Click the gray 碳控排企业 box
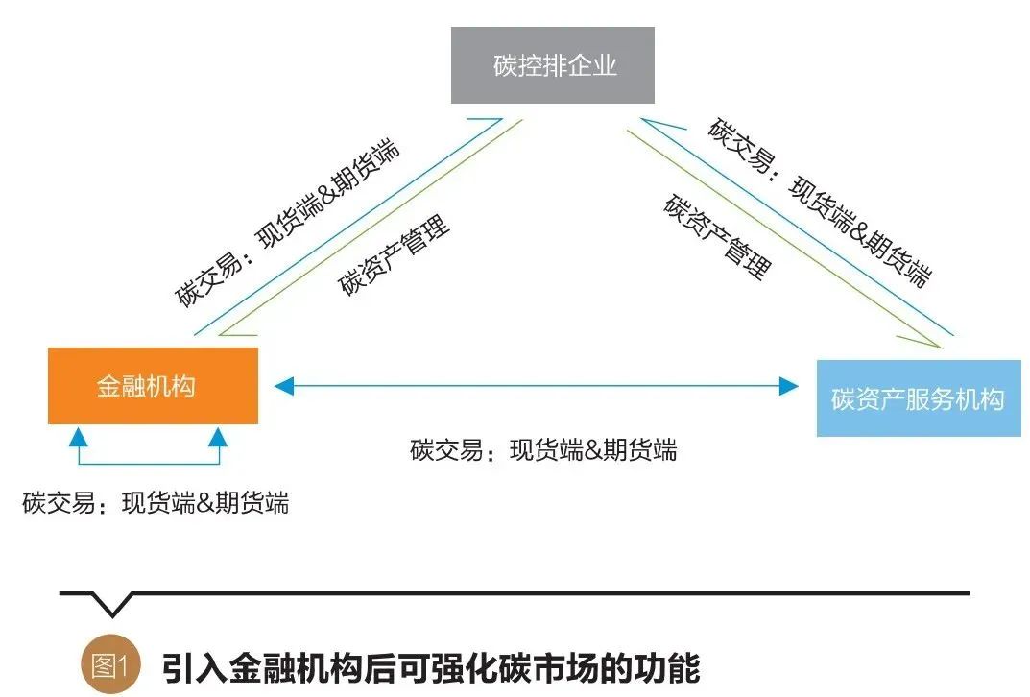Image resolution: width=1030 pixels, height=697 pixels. tap(553, 65)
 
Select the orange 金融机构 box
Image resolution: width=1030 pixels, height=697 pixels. tap(153, 385)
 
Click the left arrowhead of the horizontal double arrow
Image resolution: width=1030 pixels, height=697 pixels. tap(282, 386)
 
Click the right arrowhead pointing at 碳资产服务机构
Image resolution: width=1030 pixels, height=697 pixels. tap(789, 386)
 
